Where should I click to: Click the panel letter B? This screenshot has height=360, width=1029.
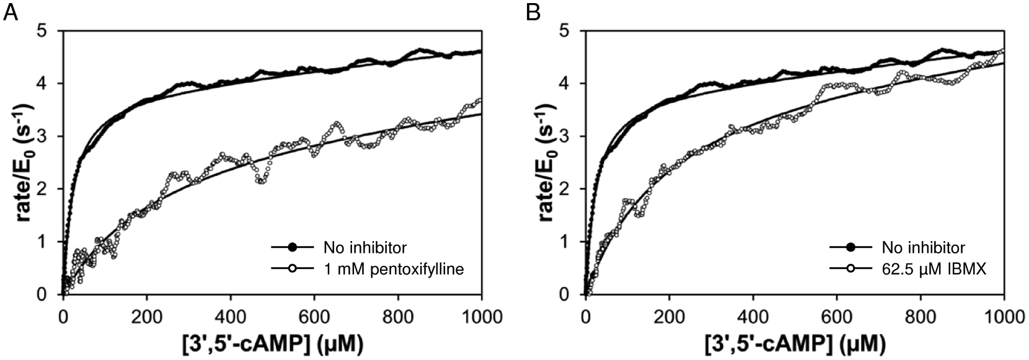[533, 12]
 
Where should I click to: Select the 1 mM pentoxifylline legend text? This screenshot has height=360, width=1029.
[394, 269]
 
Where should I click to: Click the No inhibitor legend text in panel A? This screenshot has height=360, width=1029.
[364, 248]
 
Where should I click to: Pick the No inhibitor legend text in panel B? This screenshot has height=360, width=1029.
[924, 248]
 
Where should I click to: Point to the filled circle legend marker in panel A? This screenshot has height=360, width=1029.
[292, 248]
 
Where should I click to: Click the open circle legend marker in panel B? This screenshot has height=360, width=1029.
[850, 269]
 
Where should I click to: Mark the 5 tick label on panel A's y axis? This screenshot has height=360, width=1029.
[49, 31]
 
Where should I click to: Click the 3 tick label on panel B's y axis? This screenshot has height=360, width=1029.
[572, 136]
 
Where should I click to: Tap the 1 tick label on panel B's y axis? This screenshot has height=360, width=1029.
[572, 242]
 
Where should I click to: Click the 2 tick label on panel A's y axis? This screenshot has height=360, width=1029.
[49, 189]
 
